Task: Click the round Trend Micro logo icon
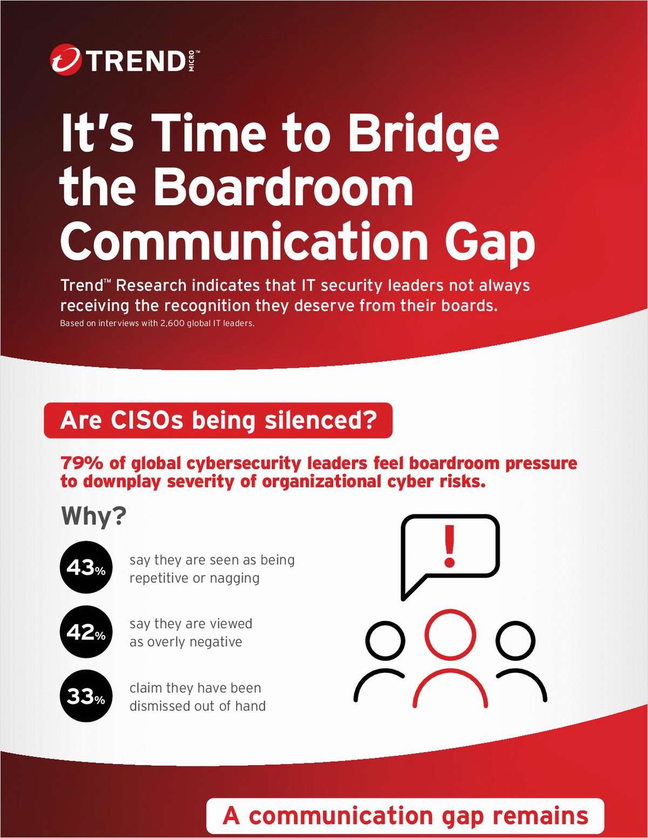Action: [x=65, y=59]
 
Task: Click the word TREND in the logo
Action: [x=137, y=61]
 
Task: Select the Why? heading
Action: [x=93, y=516]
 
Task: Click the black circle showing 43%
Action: [x=86, y=567]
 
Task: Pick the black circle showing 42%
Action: [x=86, y=632]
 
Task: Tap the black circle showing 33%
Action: [x=86, y=696]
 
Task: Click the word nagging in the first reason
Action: [x=234, y=578]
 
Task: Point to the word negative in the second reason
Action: [x=215, y=642]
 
